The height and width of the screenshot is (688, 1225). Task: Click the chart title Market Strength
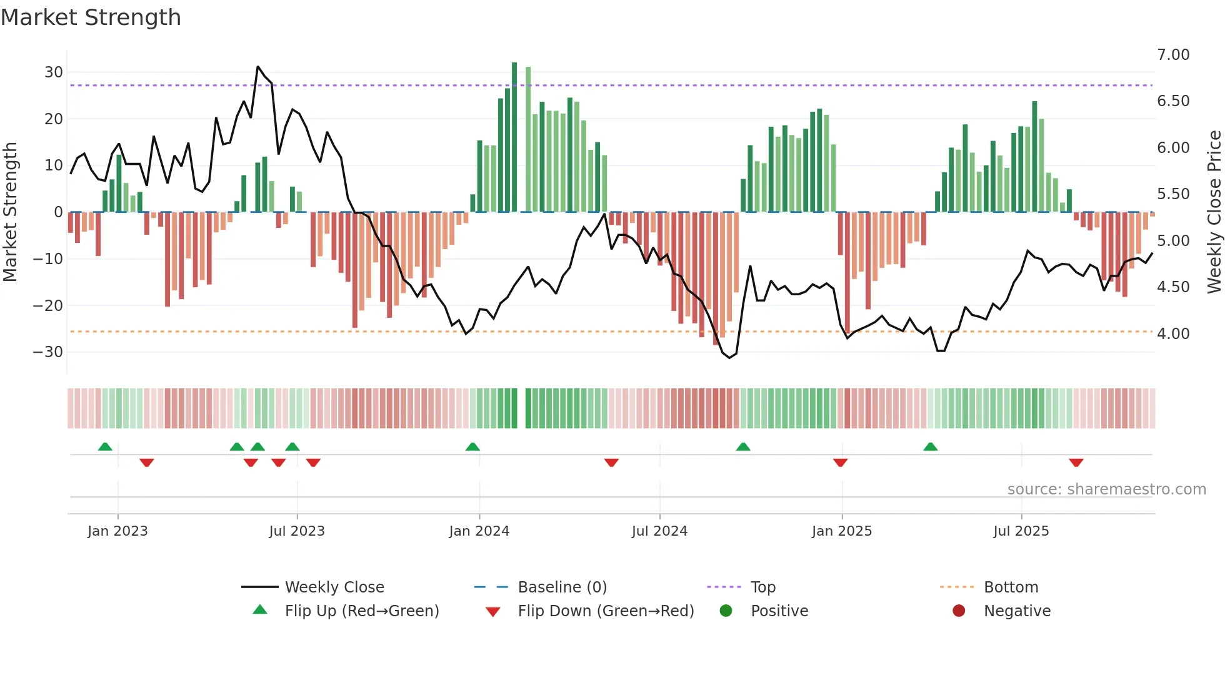click(91, 17)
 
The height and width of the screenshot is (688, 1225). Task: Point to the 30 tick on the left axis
click(54, 72)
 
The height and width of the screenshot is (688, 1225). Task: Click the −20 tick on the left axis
click(48, 306)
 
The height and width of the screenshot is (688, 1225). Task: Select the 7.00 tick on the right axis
click(1173, 55)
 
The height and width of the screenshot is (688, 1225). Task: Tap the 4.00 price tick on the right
click(1173, 334)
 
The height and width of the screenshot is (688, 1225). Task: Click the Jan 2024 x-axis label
click(479, 531)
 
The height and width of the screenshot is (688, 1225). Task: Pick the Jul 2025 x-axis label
click(1021, 531)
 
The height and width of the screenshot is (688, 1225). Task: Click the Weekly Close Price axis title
click(1214, 212)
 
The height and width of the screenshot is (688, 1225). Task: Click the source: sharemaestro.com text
click(1106, 489)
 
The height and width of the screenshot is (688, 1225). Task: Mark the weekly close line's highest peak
click(257, 67)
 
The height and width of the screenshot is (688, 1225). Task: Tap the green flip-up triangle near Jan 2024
click(472, 447)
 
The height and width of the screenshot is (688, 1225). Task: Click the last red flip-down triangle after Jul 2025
click(1076, 463)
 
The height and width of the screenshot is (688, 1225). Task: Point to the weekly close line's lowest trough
click(729, 358)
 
